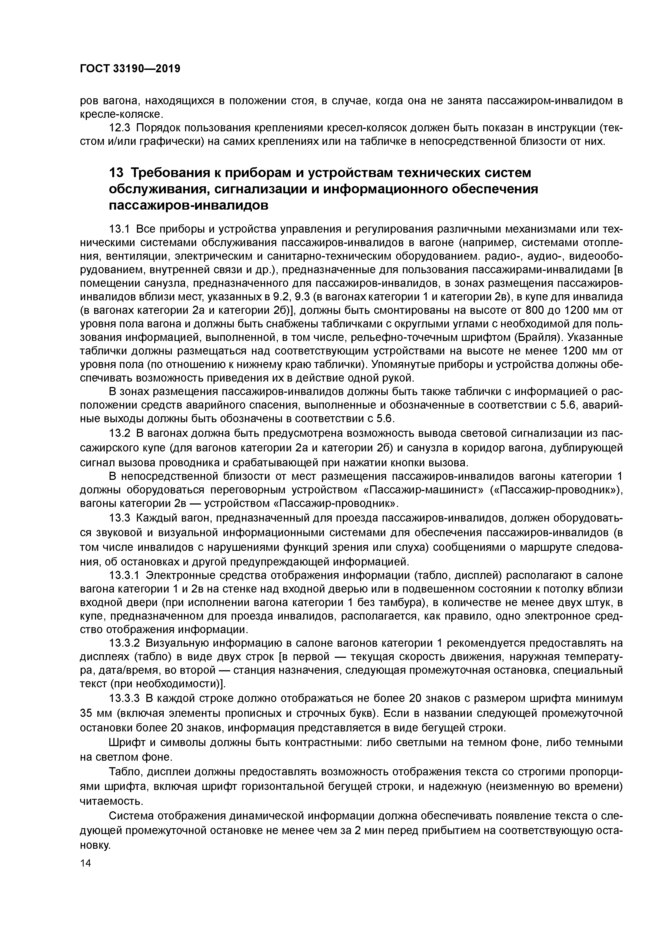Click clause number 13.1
point(120,229)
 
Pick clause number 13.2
point(120,433)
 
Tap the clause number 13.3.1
point(125,575)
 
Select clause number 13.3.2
point(125,643)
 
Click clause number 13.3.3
point(125,698)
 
